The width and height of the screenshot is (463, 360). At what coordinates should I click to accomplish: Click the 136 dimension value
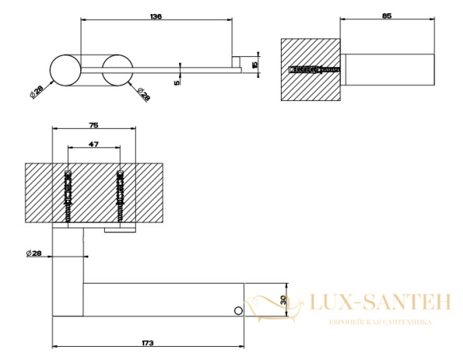pyautogui.click(x=156, y=16)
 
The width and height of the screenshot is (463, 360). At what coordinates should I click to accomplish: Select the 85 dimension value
pyautogui.click(x=387, y=16)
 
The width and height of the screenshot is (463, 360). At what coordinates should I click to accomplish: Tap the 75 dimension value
pyautogui.click(x=93, y=126)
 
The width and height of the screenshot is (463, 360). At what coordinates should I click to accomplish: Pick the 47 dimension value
pyautogui.click(x=93, y=144)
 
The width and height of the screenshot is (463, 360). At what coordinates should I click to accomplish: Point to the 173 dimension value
pyautogui.click(x=147, y=343)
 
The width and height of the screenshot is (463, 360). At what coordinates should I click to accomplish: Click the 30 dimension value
pyautogui.click(x=283, y=300)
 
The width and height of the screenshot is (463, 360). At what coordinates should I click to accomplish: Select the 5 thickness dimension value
pyautogui.click(x=177, y=83)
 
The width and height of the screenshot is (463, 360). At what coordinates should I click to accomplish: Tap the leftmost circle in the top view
pyautogui.click(x=66, y=70)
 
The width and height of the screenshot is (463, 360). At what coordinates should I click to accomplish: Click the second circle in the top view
pyautogui.click(x=117, y=70)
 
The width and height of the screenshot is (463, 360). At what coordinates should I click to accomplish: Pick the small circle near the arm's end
pyautogui.click(x=238, y=311)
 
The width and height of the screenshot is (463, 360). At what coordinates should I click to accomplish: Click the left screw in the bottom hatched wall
pyautogui.click(x=68, y=197)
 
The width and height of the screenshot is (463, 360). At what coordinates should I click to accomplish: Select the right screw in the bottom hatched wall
pyautogui.click(x=120, y=197)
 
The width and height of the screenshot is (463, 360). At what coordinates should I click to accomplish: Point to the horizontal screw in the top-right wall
pyautogui.click(x=315, y=70)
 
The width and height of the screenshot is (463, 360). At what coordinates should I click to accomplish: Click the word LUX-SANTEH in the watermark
pyautogui.click(x=380, y=302)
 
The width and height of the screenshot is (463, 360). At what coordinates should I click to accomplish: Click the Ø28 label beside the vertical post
pyautogui.click(x=34, y=253)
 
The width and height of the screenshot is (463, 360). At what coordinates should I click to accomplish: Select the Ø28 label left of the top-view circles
pyautogui.click(x=36, y=92)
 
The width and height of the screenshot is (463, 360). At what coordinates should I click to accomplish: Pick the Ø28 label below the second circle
pyautogui.click(x=144, y=94)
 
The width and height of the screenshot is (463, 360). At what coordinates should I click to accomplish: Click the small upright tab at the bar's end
pyautogui.click(x=235, y=62)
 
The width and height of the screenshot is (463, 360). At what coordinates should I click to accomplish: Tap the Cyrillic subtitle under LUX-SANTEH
pyautogui.click(x=380, y=322)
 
